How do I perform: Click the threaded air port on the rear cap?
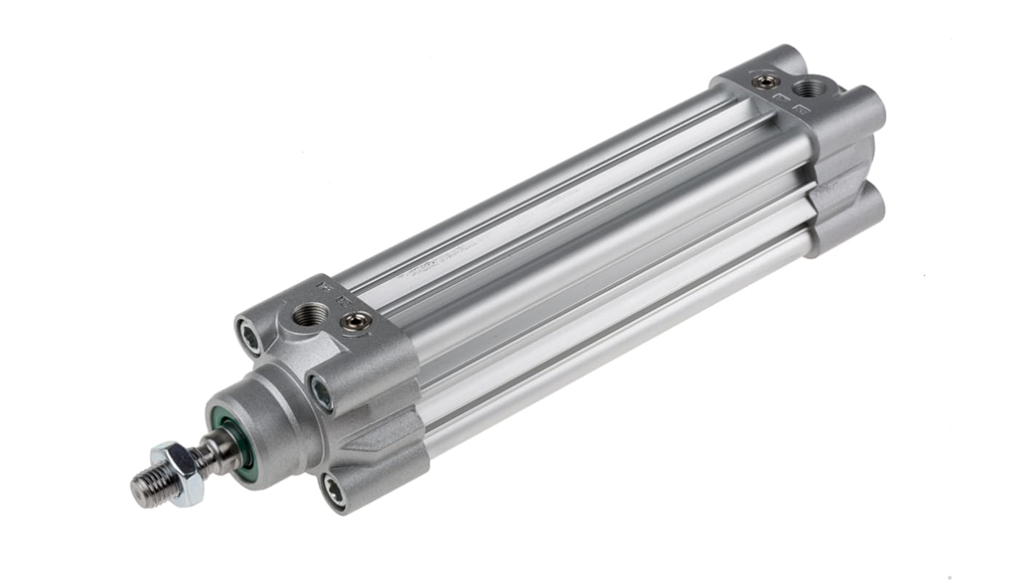tap(810, 89)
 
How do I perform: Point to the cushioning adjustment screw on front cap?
tap(356, 320)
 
